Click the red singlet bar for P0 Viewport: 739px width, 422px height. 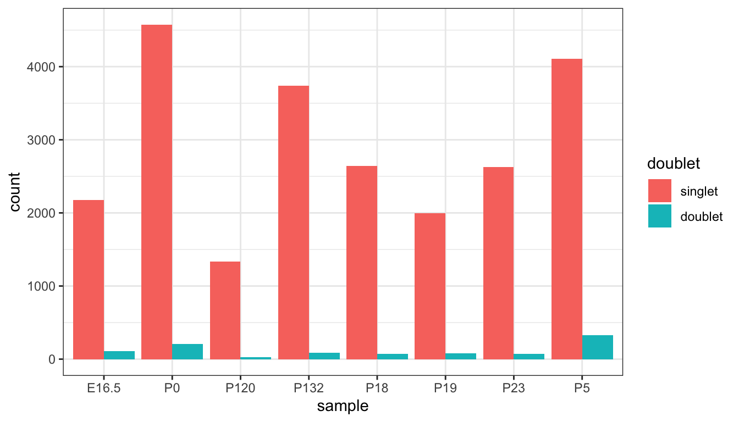157,192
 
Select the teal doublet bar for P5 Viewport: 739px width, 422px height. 598,347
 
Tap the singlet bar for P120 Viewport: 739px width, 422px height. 225,310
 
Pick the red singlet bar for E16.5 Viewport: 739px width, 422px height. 89,280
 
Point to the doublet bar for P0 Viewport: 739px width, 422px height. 187,352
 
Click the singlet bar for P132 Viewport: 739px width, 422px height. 294,223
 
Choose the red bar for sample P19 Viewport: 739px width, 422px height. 430,286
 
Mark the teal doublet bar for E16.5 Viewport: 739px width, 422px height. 119,355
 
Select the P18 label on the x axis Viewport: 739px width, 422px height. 377,388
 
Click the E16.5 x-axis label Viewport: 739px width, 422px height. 104,388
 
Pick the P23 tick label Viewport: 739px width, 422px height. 514,388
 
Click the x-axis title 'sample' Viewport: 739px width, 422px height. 343,407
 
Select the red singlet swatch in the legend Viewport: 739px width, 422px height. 660,191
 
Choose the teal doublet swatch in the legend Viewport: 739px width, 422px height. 660,216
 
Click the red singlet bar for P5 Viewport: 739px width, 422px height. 567,209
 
